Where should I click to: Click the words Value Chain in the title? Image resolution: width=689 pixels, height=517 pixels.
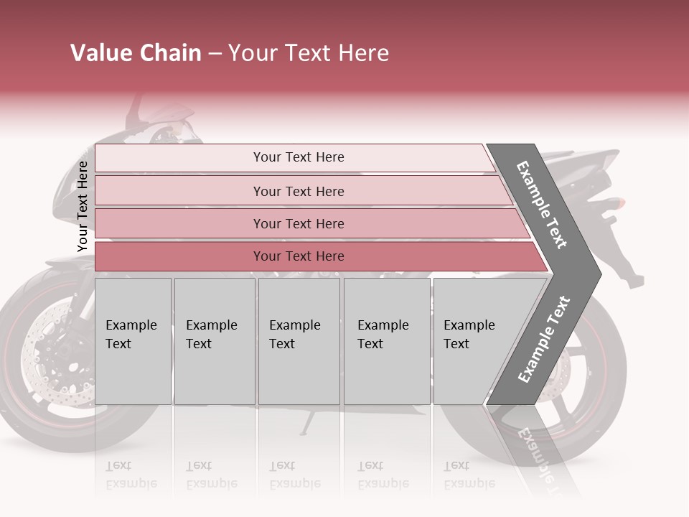coord(136,53)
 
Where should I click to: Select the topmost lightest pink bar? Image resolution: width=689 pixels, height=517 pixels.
coord(298,158)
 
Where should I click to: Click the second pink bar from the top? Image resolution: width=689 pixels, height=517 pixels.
coord(298,191)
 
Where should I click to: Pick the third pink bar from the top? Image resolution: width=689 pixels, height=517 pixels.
coord(298,224)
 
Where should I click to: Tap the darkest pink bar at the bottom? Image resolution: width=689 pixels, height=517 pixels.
coord(298,256)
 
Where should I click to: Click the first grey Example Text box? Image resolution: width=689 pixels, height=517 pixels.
coord(133,340)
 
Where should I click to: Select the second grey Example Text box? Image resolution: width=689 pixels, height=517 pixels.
coord(214,340)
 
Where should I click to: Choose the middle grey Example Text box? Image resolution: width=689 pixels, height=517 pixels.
coord(299,340)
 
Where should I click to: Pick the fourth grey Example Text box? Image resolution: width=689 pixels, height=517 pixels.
coord(386,340)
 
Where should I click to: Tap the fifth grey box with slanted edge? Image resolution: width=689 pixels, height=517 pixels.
coord(474,340)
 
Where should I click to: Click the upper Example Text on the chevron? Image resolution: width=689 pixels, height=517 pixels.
coord(543,205)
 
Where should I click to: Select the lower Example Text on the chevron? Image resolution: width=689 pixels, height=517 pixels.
coord(544,339)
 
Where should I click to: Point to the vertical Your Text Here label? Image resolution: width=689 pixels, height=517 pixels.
coord(83,206)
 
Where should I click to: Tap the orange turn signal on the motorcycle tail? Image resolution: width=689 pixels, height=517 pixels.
coord(619,203)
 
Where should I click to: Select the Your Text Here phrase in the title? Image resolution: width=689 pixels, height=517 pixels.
coord(309,53)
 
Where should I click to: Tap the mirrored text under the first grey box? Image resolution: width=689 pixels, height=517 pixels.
coord(131,475)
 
